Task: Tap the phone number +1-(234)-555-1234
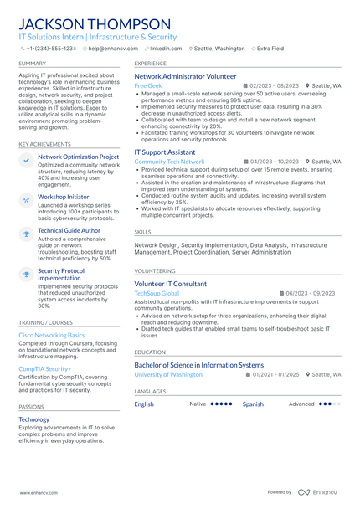(x=51, y=49)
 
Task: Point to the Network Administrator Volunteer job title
(x=185, y=76)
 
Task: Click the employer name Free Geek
(x=147, y=86)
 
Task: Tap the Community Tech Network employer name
(x=169, y=162)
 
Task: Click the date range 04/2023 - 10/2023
(x=274, y=162)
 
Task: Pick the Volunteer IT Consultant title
(x=171, y=284)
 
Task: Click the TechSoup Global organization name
(x=157, y=294)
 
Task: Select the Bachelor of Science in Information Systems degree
(x=199, y=365)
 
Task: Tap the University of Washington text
(x=168, y=375)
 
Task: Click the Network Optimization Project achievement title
(x=79, y=157)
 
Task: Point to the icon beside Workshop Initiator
(x=26, y=198)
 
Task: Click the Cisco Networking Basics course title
(x=51, y=334)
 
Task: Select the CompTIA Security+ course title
(x=45, y=368)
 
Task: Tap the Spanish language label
(x=253, y=404)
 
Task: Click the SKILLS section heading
(x=142, y=232)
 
